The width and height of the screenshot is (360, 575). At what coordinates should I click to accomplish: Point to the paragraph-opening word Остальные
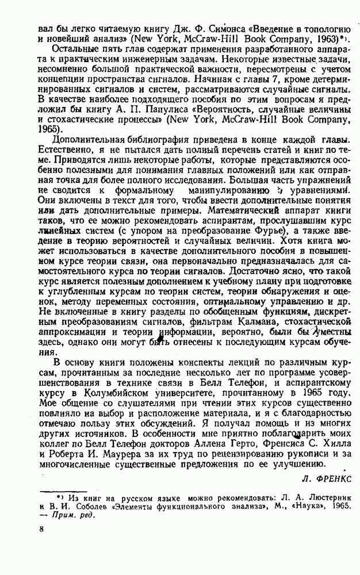coord(74,49)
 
